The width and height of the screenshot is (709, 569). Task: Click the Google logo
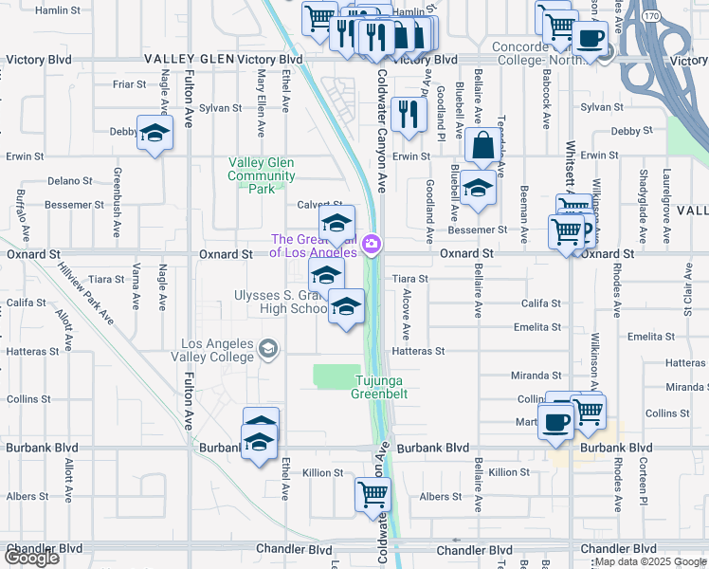click(31, 558)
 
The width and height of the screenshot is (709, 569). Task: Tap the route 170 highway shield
click(649, 17)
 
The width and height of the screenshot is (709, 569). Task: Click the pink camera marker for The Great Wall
click(371, 246)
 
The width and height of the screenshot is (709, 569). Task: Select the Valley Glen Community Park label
click(262, 174)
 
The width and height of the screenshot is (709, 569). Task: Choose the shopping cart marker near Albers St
click(373, 493)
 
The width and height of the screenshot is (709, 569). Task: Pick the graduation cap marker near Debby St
click(155, 132)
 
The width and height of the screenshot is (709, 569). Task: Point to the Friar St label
click(128, 83)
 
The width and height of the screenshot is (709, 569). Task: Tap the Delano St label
click(67, 179)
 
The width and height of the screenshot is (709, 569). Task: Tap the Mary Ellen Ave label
click(261, 100)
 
